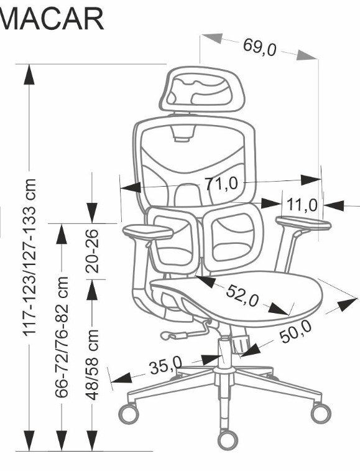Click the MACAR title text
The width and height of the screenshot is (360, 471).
[x=52, y=19]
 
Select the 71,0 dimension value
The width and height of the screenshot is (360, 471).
[x=222, y=183]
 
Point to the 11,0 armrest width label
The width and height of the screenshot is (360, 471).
[x=302, y=205]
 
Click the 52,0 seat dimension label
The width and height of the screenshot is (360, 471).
[x=242, y=296]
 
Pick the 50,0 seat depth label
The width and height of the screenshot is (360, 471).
[x=296, y=332]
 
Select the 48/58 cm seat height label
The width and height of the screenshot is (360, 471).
[x=92, y=365]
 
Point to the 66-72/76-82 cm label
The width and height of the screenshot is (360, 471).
[x=62, y=337]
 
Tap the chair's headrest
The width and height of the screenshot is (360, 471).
[x=202, y=88]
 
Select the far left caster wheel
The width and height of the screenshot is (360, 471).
[x=129, y=413]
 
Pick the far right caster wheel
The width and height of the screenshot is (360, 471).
[x=321, y=413]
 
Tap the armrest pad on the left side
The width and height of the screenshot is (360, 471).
[x=148, y=231]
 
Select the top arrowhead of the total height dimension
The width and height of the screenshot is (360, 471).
[x=29, y=74]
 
